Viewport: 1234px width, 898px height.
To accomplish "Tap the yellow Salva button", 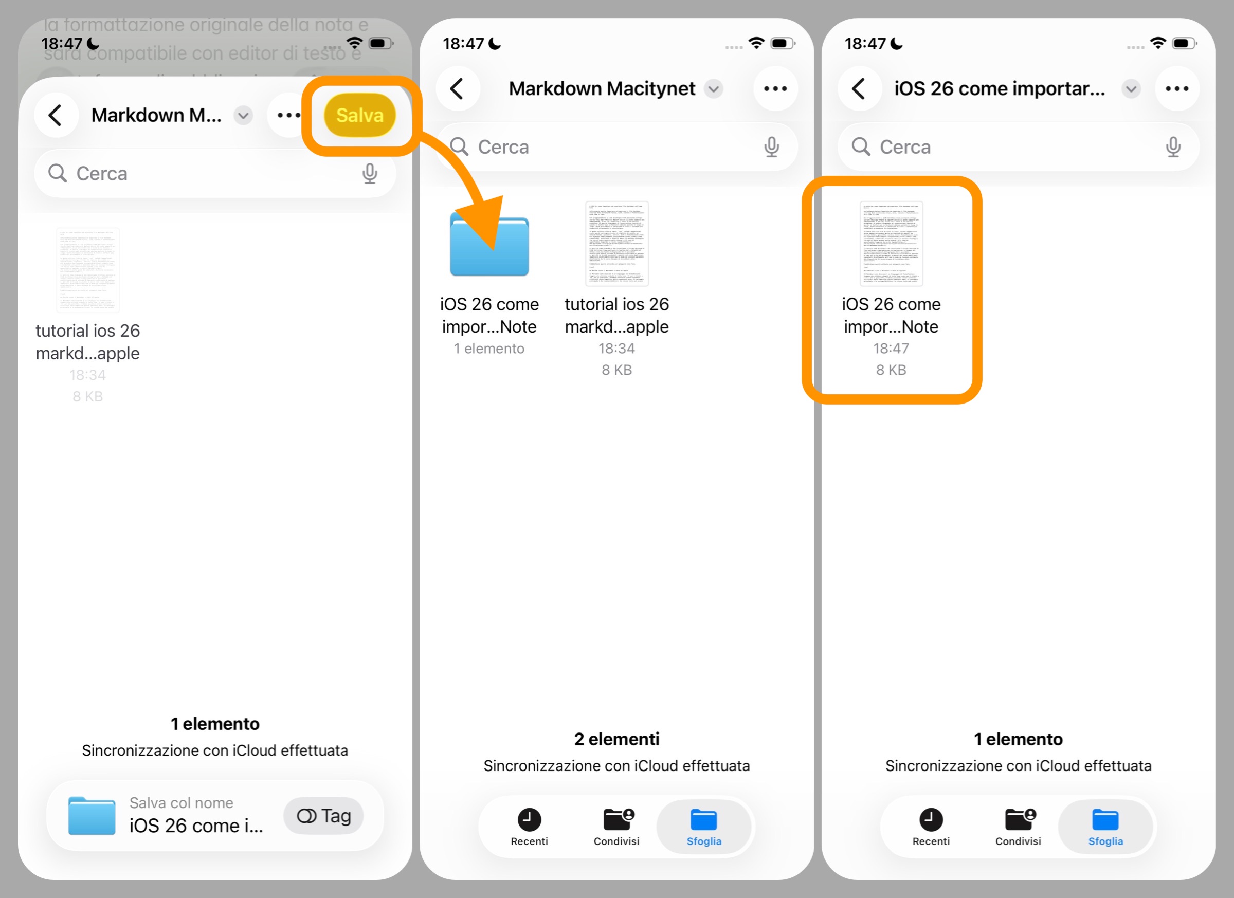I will (359, 115).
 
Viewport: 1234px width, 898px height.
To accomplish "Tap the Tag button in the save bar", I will (324, 815).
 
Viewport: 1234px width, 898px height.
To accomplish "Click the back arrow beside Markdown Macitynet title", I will (458, 88).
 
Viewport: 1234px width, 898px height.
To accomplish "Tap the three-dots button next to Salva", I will (288, 115).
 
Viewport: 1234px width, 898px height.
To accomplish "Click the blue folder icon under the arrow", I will (489, 246).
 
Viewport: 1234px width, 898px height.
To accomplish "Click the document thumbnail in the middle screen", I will (616, 243).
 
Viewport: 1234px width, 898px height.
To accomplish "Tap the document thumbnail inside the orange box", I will (891, 243).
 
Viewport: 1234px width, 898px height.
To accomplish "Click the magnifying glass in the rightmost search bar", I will (860, 147).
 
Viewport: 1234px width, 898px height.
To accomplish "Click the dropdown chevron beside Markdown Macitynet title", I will (713, 88).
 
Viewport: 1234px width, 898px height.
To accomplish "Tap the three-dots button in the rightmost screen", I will (1176, 88).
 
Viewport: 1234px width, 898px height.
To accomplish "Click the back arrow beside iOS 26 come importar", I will (859, 88).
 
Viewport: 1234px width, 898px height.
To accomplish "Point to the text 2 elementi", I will (616, 739).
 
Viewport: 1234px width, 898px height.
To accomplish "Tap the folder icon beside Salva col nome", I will (92, 815).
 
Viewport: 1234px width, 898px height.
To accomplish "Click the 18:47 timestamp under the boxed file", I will (891, 348).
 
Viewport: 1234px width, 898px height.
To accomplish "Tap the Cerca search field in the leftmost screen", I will (214, 174).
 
